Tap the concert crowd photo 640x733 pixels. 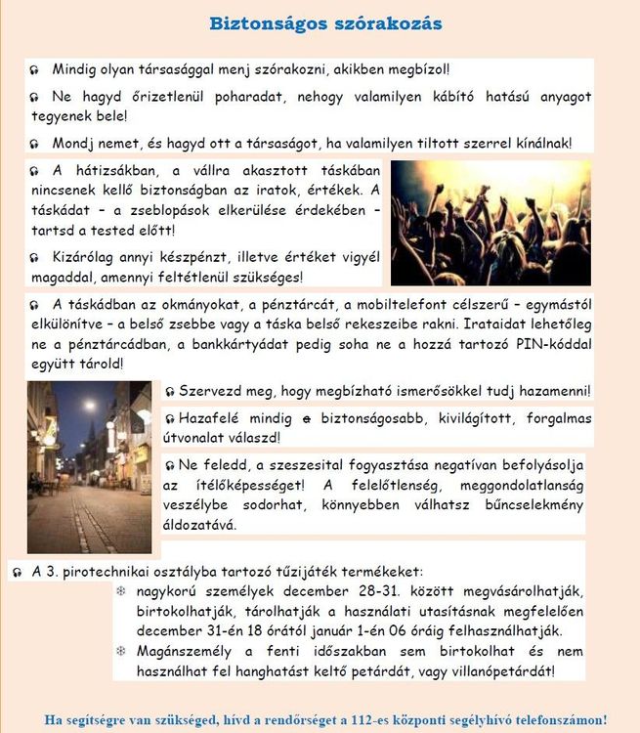tap(491, 223)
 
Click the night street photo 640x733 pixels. tap(89, 466)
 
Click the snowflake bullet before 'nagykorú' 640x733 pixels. tap(121, 591)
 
